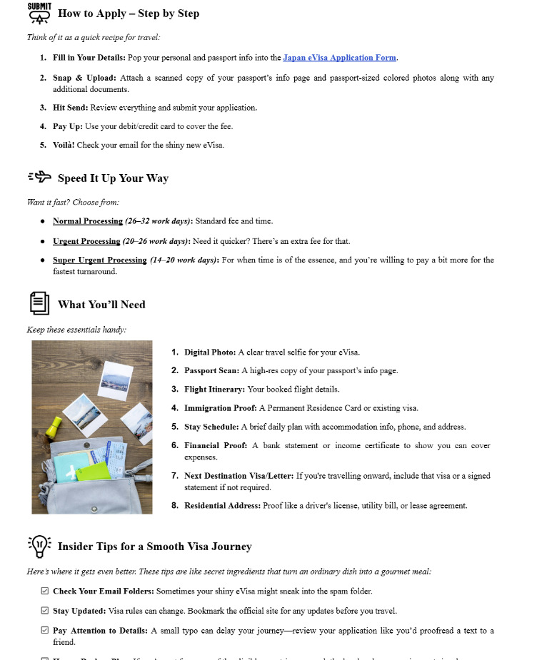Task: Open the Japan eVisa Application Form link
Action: (339, 58)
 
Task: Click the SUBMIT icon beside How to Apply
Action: (39, 13)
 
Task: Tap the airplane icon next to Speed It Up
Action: (40, 177)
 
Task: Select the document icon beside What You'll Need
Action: (40, 303)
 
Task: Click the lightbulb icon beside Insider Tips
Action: (40, 546)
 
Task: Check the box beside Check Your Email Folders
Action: (45, 592)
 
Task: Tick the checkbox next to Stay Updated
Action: (45, 611)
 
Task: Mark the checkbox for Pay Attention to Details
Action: (45, 631)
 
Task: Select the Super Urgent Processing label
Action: (99, 260)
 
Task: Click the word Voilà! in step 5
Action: (66, 145)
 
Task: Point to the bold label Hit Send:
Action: (70, 108)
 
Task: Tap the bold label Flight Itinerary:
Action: (214, 390)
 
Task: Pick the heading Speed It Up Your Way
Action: (113, 178)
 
